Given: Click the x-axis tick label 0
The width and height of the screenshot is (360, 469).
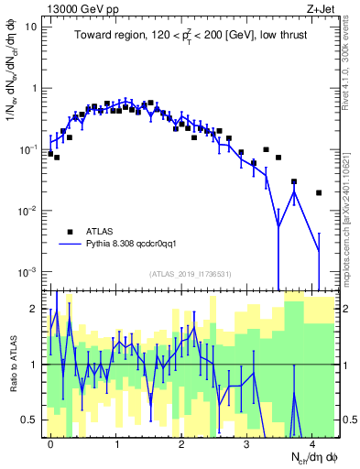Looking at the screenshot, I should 50,444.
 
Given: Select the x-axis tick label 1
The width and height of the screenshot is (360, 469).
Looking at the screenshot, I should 116,444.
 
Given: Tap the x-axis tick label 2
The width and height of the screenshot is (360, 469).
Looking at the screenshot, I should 181,444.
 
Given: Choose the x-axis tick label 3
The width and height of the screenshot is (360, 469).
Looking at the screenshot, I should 247,444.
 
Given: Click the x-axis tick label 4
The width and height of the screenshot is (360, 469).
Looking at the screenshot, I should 312,444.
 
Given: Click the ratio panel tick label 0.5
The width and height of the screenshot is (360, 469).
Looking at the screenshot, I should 30,420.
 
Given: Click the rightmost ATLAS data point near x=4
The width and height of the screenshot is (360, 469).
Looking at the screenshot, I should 318,193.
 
